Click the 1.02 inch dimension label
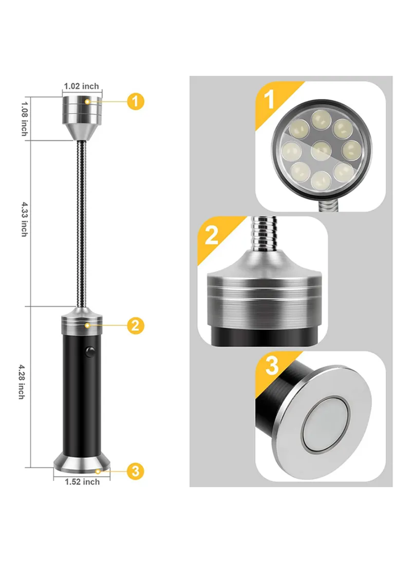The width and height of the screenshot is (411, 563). pos(81,86)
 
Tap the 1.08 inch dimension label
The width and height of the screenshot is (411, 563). pos(25,119)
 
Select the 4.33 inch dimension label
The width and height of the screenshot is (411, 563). pos(24,219)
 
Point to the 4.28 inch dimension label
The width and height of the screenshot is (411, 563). pos(22,382)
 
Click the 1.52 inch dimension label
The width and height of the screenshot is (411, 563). pos(82,482)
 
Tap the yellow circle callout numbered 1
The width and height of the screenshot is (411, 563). pos(136,102)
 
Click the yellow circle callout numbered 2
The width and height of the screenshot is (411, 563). pos(136,326)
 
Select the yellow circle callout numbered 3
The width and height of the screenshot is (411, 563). pos(136,471)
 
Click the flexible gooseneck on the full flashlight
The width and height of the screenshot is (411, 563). pos(82,224)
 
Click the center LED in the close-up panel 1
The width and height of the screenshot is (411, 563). pos(321,151)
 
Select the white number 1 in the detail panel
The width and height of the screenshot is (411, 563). pos(269,100)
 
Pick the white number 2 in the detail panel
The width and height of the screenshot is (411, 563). pos(211,235)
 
